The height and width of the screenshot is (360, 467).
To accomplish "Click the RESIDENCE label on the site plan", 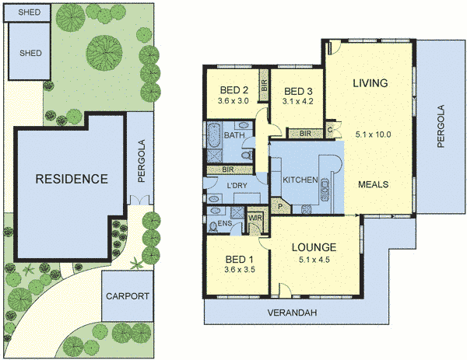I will tap(71, 178).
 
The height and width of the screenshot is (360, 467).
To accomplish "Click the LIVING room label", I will tap(369, 82).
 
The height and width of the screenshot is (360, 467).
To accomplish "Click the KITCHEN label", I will tap(300, 180).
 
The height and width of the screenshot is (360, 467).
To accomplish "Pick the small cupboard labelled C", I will tap(330, 129).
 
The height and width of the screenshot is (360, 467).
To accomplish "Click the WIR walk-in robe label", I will tap(255, 218).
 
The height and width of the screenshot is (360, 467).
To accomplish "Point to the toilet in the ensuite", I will tap(213, 226).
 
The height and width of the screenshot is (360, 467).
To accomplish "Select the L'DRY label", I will tap(237, 186).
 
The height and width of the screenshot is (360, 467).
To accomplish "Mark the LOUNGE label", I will tap(314, 248).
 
